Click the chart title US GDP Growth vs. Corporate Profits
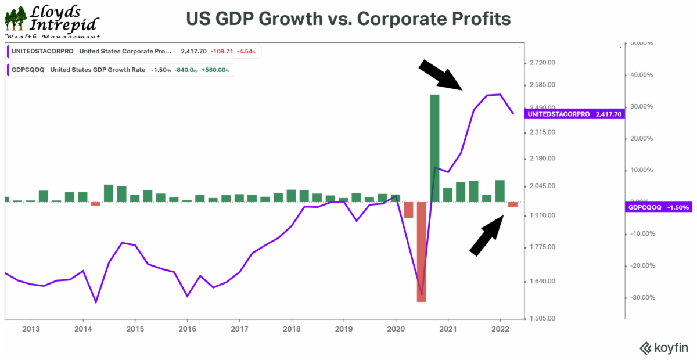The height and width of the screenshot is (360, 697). pos(348,19)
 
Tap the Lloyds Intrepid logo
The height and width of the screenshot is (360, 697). pos(51,20)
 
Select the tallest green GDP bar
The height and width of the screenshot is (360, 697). pos(434,148)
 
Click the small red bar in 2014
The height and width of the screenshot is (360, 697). pos(96,203)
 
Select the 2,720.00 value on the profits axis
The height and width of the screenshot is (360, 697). pos(542,62)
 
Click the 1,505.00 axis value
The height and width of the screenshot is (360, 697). pos(542,318)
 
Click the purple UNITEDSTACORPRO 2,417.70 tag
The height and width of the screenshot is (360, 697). pos(575,114)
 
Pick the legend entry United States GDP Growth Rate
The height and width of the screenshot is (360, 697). pos(98,70)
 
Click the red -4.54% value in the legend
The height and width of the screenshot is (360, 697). pos(247,51)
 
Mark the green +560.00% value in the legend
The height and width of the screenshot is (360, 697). pos(216,70)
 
